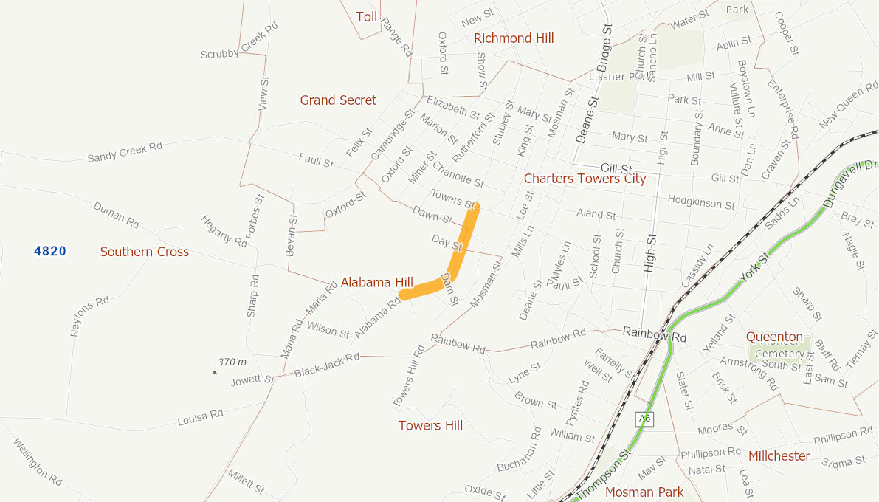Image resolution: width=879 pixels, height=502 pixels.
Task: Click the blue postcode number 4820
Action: click(50, 252)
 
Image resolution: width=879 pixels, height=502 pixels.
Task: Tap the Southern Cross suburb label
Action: click(145, 252)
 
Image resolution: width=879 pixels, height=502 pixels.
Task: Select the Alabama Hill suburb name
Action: click(376, 282)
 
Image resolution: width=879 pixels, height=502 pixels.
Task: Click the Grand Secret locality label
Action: click(338, 100)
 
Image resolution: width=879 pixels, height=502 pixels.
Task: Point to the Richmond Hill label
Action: click(514, 38)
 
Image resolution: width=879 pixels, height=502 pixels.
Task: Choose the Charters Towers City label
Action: click(585, 179)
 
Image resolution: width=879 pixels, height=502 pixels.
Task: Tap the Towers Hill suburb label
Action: click(430, 425)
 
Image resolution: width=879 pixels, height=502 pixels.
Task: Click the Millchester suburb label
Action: click(779, 456)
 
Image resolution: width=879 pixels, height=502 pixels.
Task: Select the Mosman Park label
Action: click(644, 492)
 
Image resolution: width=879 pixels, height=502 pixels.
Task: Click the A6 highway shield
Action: click(645, 419)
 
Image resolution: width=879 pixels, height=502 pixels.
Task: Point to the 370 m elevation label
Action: click(232, 362)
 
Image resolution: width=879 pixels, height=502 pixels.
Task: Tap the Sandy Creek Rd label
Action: click(124, 152)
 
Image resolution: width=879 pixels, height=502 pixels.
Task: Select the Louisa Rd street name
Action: click(200, 418)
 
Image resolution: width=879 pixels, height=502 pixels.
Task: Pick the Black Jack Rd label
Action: click(326, 365)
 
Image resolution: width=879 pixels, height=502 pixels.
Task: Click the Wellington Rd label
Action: click(37, 461)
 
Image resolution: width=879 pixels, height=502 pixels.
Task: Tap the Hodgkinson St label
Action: click(700, 202)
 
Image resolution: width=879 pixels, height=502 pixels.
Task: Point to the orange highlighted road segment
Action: click(459, 251)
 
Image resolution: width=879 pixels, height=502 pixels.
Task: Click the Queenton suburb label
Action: click(774, 337)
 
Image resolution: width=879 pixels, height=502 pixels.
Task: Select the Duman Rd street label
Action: click(117, 214)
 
